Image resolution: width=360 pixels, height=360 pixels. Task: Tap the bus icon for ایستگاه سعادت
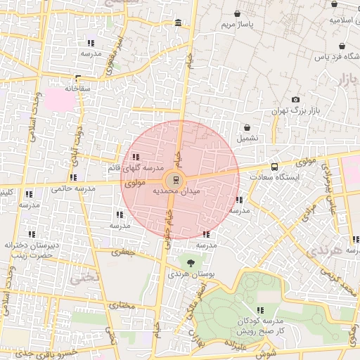point(274,167)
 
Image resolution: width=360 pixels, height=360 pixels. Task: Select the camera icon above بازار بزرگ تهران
point(295,100)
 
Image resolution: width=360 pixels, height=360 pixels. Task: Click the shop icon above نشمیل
point(247,127)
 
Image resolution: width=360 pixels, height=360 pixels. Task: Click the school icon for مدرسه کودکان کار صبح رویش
point(260,309)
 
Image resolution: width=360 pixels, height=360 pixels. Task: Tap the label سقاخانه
point(79,89)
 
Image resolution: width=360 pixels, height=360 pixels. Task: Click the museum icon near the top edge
point(176,25)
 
